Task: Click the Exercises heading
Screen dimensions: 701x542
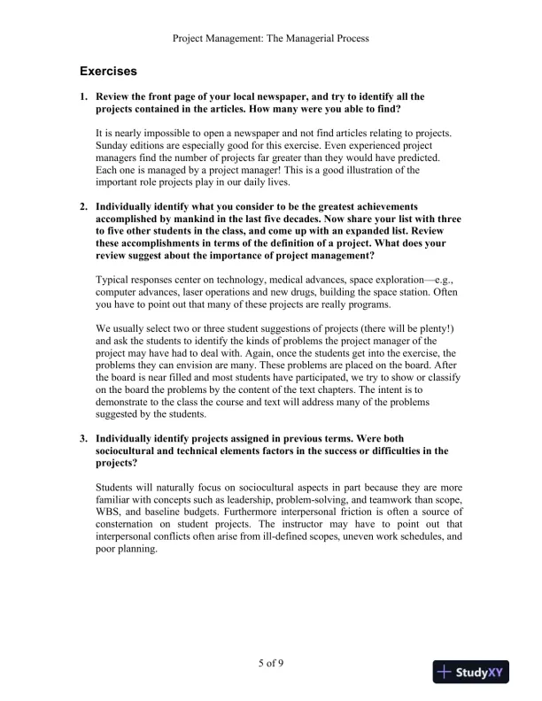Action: tap(107, 71)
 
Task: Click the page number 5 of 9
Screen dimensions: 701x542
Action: tap(271, 663)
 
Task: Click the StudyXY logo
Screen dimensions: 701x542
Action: tap(476, 673)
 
